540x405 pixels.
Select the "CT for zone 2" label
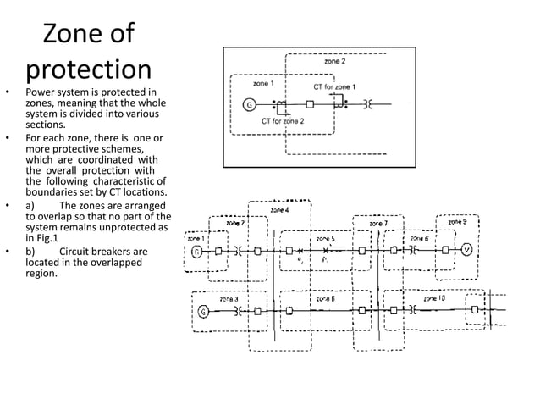pyautogui.click(x=283, y=122)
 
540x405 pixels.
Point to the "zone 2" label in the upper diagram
pyautogui.click(x=334, y=62)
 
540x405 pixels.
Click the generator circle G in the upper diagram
pyautogui.click(x=249, y=105)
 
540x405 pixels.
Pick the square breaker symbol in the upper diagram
pyautogui.click(x=310, y=105)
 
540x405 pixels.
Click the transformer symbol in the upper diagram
pyautogui.click(x=367, y=105)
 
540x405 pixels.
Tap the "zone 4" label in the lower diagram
pyautogui.click(x=278, y=209)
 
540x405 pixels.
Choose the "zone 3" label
pyautogui.click(x=229, y=299)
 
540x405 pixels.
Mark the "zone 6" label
pyautogui.click(x=419, y=239)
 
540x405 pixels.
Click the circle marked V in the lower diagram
pyautogui.click(x=466, y=251)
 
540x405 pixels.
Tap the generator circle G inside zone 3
pyautogui.click(x=203, y=311)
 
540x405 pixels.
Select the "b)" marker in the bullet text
pyautogui.click(x=30, y=252)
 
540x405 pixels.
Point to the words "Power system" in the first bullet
pyautogui.click(x=57, y=92)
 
